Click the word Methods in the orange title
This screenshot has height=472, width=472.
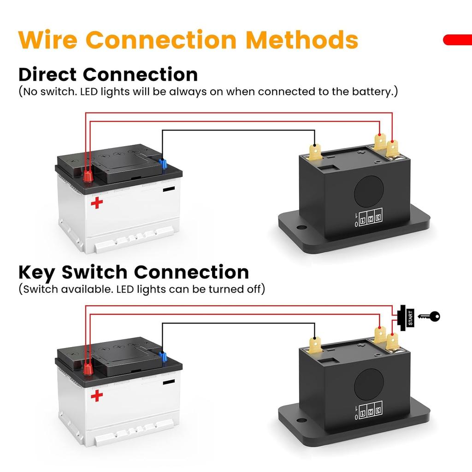point(302,40)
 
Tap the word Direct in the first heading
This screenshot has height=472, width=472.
point(47,74)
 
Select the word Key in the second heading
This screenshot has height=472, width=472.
point(36,273)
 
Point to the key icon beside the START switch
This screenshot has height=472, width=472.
point(429,317)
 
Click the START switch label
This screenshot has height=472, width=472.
point(410,318)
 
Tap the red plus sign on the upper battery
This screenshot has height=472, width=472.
point(97,203)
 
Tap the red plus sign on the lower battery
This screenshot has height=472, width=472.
point(97,395)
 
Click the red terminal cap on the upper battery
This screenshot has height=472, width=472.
point(88,176)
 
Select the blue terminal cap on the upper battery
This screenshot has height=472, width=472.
point(163,164)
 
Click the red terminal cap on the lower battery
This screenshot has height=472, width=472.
point(88,369)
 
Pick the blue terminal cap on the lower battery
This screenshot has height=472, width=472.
point(163,357)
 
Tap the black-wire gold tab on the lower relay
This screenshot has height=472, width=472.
point(315,345)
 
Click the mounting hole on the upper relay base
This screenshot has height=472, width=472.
point(300,227)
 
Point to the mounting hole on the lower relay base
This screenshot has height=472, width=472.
point(300,419)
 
